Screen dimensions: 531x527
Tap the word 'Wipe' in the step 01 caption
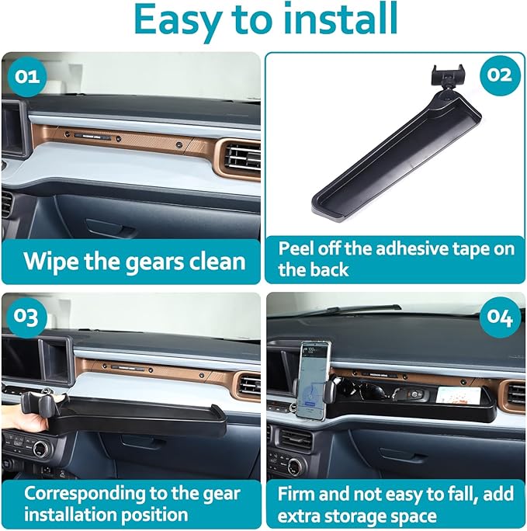(54, 260)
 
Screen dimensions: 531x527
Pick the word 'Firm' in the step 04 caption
(298, 493)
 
